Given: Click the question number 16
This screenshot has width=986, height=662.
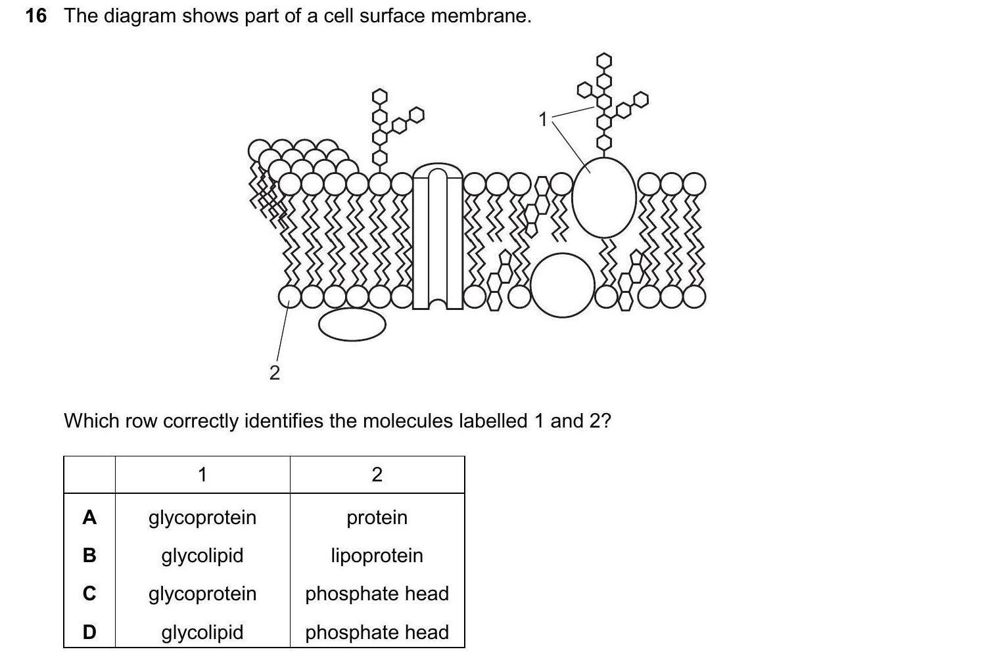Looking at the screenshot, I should (36, 16).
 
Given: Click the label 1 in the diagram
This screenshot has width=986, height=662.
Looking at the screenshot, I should (543, 120).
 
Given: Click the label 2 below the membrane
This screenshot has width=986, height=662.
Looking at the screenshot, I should (275, 373).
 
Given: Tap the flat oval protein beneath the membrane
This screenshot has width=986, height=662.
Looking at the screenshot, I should (352, 324).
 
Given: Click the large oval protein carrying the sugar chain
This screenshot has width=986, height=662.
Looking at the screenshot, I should (604, 197).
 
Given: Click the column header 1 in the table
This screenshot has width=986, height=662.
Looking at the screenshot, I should (202, 474).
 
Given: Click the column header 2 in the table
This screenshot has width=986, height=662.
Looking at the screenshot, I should (377, 474).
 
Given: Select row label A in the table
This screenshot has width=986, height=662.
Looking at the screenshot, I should (89, 518).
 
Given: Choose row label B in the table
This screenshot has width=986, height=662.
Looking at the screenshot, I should (89, 556).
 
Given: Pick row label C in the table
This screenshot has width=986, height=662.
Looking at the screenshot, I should (89, 594).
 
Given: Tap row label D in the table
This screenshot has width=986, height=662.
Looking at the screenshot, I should (89, 632).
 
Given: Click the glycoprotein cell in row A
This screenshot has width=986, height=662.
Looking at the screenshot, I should (202, 518).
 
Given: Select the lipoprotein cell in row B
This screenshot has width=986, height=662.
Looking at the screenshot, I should (377, 556).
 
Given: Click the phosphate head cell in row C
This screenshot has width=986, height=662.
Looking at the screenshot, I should (377, 594).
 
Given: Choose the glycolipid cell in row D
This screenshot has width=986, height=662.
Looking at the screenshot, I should (202, 632).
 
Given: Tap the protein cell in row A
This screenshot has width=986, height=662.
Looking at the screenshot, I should (377, 518).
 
